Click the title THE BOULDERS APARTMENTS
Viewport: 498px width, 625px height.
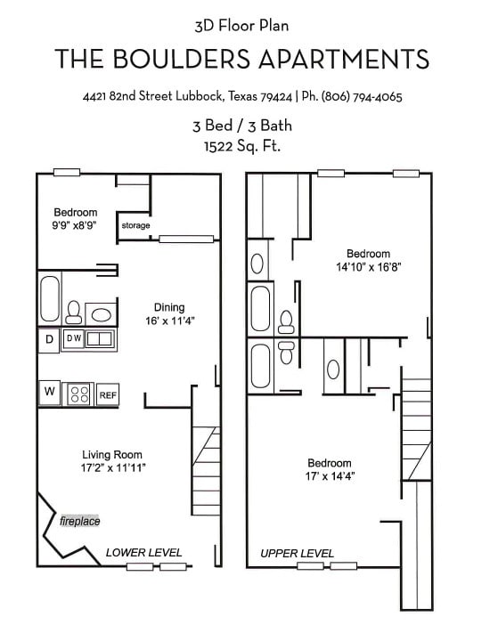point(242,60)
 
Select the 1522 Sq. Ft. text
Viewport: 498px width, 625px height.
point(242,145)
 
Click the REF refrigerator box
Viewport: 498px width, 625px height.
point(108,394)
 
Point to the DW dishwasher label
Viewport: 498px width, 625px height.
point(74,338)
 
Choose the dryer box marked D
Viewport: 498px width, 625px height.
point(48,339)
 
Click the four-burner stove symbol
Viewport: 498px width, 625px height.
point(79,394)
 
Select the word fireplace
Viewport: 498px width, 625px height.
point(80,521)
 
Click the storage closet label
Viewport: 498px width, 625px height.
point(135,226)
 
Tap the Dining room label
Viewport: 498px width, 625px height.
point(169,307)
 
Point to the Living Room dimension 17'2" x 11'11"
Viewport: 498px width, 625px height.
point(113,467)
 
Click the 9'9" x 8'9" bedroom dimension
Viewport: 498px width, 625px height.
point(75,226)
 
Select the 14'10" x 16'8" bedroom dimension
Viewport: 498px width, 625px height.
point(368,266)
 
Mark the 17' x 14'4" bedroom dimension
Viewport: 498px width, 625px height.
point(329,476)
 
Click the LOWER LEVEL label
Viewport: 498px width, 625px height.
point(143,553)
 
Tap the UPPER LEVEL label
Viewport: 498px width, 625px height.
point(297,554)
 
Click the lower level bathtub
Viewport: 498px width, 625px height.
point(49,299)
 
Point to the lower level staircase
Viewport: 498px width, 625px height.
point(206,472)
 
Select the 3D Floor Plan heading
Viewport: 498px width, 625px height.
point(241,26)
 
